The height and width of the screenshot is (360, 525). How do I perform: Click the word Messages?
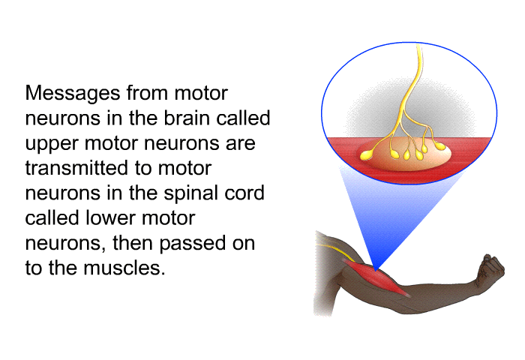73,94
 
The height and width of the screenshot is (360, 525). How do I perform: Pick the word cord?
244,193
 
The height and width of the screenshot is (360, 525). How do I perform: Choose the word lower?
110,218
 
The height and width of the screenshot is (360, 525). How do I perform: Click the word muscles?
124,268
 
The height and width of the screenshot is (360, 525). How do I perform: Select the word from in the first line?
147,93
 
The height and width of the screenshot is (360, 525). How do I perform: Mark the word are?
241,144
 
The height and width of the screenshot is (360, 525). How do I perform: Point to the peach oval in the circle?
405,154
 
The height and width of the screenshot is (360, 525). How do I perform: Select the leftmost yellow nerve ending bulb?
367,155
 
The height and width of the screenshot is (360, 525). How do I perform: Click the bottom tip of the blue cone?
376,270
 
